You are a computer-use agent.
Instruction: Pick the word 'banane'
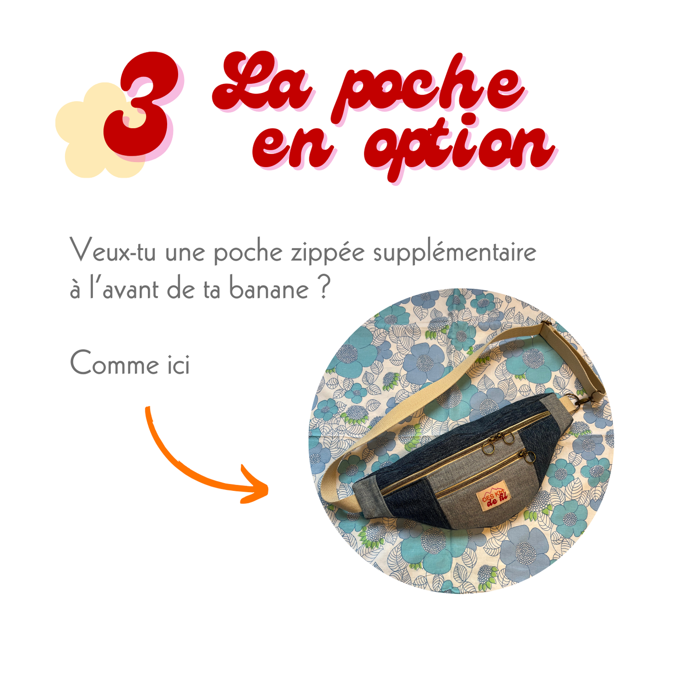pos(269,289)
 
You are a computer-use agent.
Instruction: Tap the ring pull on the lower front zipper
pos(529,457)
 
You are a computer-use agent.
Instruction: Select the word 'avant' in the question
pos(131,289)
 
